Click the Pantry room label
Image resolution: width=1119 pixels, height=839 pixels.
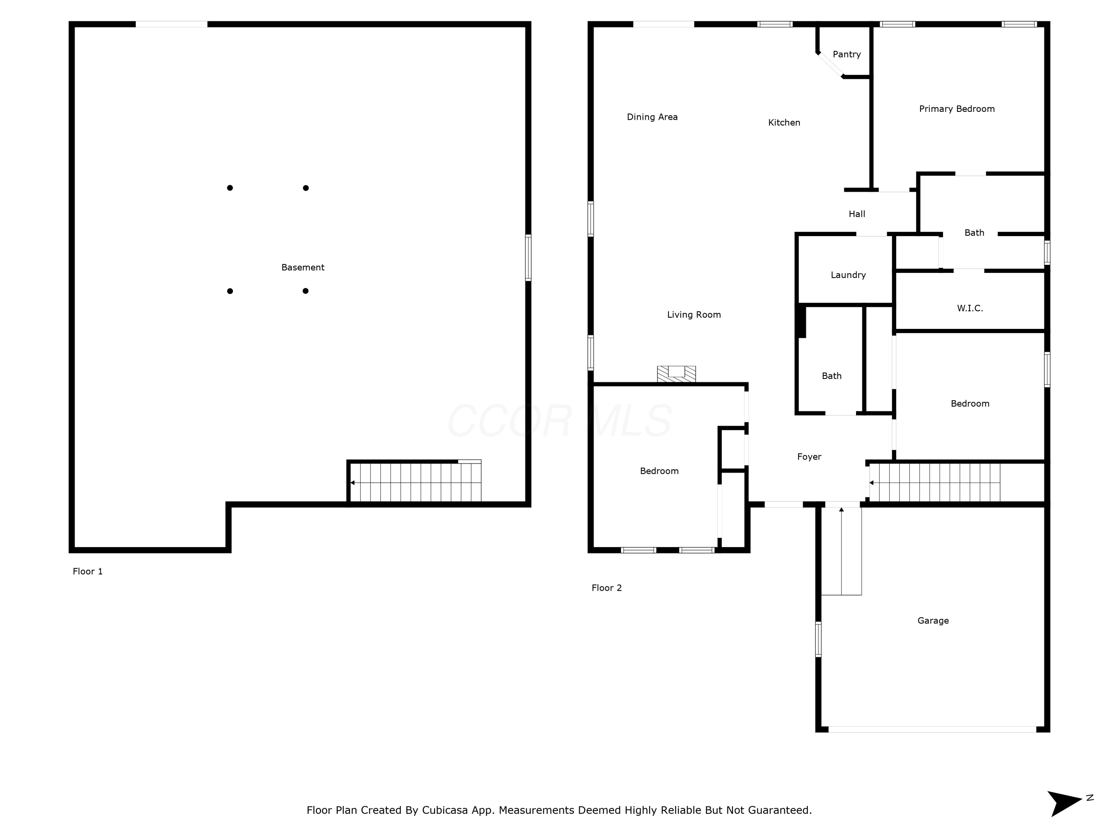846,54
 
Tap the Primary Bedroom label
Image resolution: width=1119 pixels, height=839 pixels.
957,109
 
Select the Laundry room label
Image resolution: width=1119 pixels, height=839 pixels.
848,275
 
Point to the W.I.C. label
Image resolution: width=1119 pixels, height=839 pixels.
970,308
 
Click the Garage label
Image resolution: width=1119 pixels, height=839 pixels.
933,620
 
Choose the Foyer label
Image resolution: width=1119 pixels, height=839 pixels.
809,457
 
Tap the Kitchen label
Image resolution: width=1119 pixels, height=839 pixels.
784,122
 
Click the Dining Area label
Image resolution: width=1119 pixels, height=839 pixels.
652,117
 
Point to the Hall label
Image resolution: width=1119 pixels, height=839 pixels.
856,214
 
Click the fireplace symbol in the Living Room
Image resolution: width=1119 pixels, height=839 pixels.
676,374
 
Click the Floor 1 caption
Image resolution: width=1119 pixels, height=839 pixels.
88,572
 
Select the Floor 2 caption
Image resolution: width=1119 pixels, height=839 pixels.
606,588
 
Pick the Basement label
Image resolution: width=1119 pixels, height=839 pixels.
303,267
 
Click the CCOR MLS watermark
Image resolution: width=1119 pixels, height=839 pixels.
559,421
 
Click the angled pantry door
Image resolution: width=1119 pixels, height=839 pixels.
830,65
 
